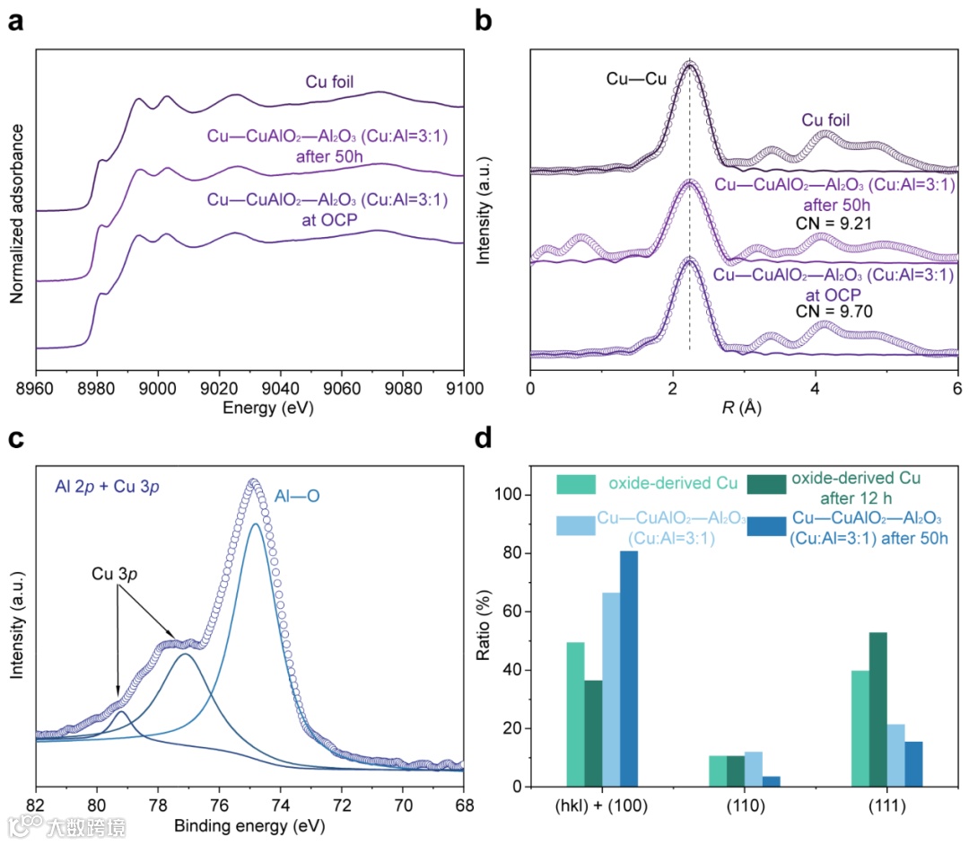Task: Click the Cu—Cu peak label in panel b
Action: (636, 78)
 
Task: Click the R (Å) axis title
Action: (744, 409)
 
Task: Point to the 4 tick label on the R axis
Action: (816, 388)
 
